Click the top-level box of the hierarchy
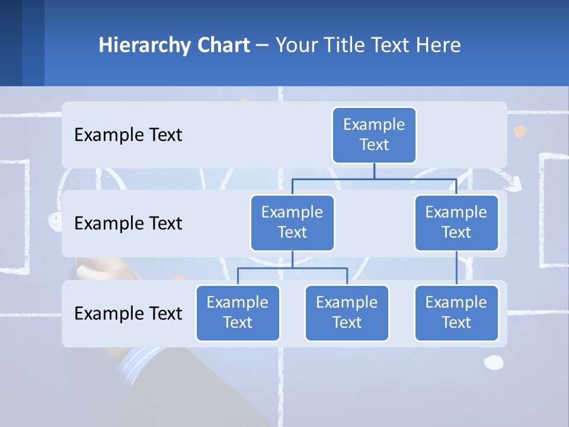pyautogui.click(x=374, y=135)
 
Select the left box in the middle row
pyautogui.click(x=292, y=222)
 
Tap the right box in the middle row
pyautogui.click(x=456, y=222)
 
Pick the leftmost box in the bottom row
pyautogui.click(x=238, y=313)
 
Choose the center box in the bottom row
pyautogui.click(x=347, y=313)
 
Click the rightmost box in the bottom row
pyautogui.click(x=456, y=313)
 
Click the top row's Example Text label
pyautogui.click(x=128, y=135)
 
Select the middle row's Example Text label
pyautogui.click(x=128, y=223)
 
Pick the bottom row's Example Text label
pyautogui.click(x=128, y=313)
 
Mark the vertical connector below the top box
pyautogui.click(x=374, y=170)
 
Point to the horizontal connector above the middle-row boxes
pyautogui.click(x=374, y=177)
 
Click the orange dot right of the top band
pyautogui.click(x=520, y=131)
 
